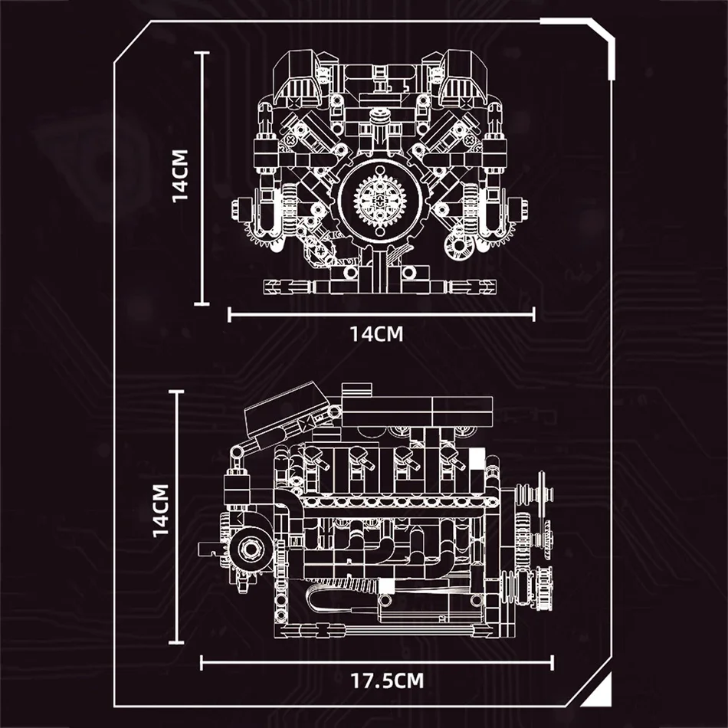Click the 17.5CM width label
point(387,680)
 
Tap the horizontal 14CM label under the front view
point(376,333)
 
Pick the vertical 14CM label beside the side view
point(160,510)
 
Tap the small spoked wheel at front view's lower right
point(459,247)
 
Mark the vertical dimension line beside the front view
point(202,178)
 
